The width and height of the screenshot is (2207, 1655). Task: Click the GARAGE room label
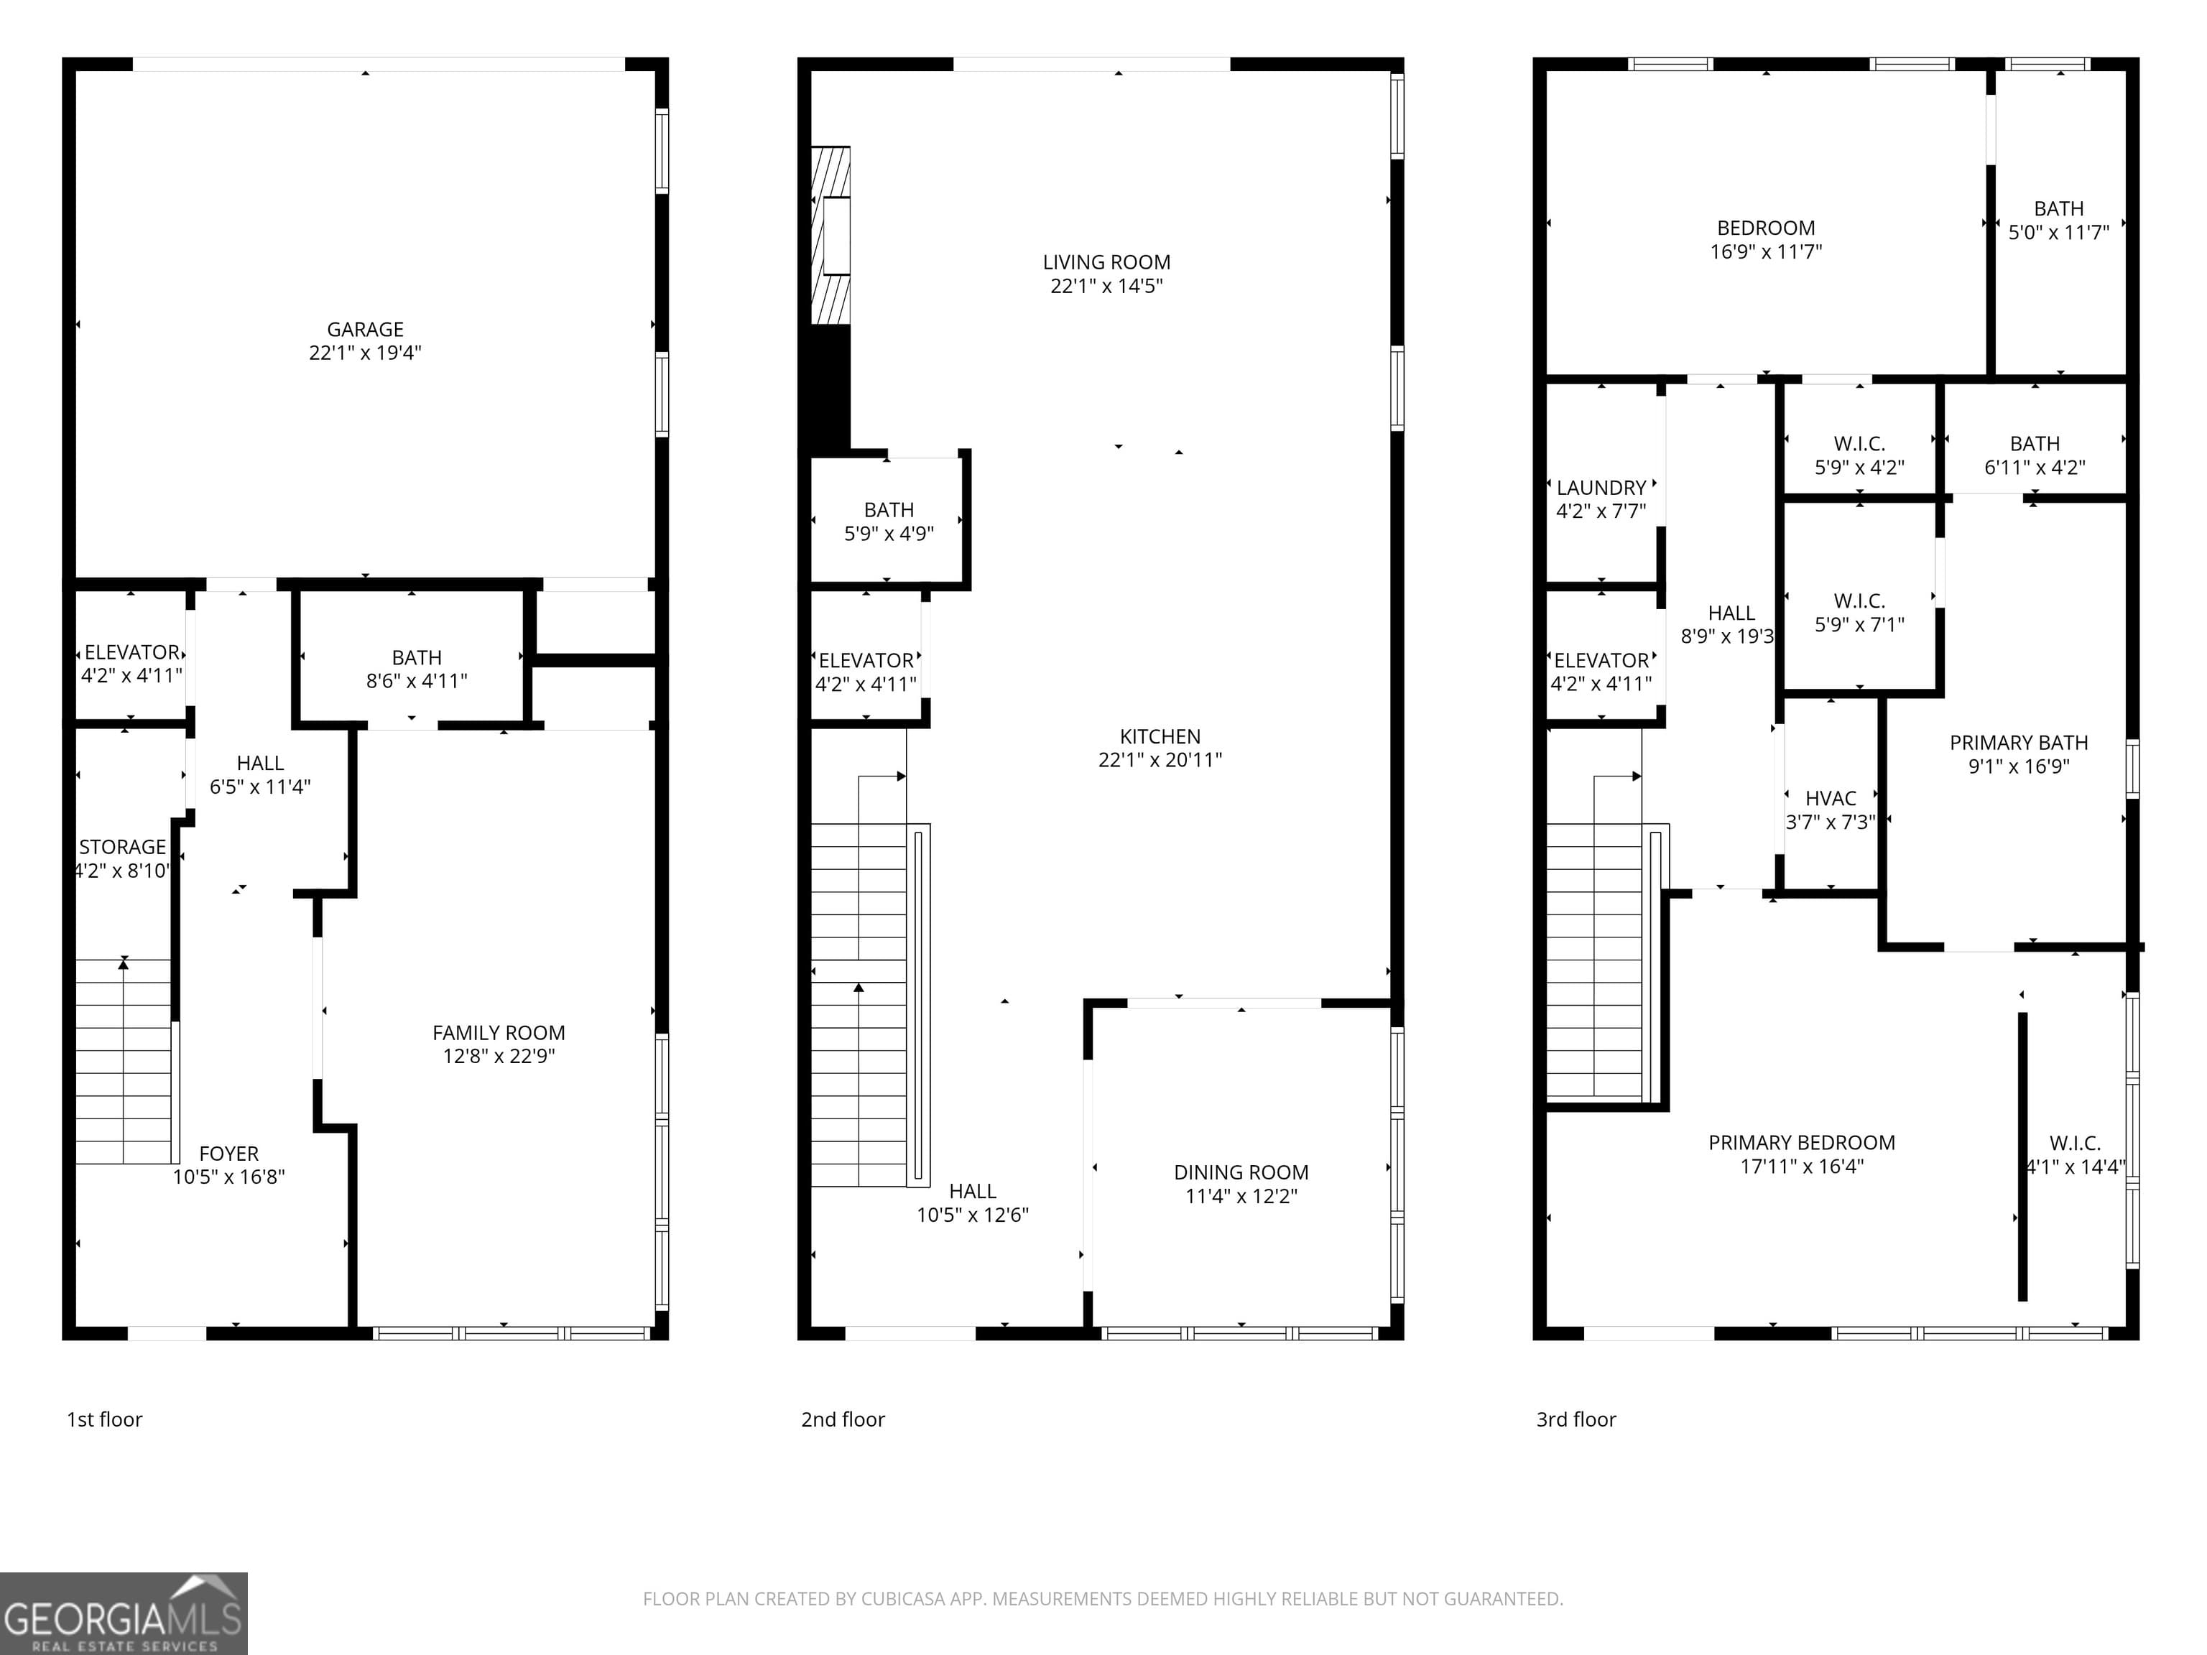click(x=365, y=329)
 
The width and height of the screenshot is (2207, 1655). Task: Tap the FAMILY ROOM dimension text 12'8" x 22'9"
click(x=499, y=1055)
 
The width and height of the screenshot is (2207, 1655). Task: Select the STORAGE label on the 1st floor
click(x=123, y=847)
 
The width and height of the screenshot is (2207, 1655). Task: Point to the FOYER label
click(x=228, y=1153)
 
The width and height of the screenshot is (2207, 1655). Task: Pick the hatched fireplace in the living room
click(x=830, y=236)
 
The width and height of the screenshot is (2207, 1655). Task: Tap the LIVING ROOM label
click(x=1106, y=262)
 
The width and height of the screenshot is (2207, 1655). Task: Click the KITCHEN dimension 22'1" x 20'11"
click(x=1160, y=760)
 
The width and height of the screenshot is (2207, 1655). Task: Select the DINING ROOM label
click(x=1240, y=1172)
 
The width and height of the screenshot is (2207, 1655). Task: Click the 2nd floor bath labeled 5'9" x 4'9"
click(x=888, y=521)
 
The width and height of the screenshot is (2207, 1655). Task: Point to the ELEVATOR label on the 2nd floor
click(x=865, y=660)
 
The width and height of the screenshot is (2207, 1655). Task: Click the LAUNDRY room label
click(x=1601, y=488)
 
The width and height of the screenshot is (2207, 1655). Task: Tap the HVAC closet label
click(x=1830, y=798)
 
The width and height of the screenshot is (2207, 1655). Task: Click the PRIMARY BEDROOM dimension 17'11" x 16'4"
click(x=1801, y=1166)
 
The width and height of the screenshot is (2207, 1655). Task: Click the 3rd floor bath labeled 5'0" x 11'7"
click(x=2058, y=221)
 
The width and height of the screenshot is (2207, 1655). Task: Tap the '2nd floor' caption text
click(x=842, y=1419)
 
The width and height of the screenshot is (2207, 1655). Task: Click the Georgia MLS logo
click(x=123, y=1613)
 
